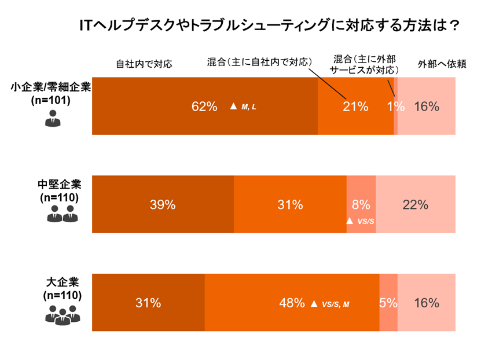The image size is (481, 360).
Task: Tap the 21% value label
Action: [x=355, y=106]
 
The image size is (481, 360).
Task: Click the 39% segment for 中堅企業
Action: [x=163, y=204]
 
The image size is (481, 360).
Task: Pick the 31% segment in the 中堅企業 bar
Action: [x=289, y=204]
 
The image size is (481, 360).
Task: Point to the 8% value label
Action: [x=361, y=204]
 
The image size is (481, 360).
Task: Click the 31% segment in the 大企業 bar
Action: [x=148, y=303]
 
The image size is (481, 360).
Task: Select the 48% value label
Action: [x=291, y=303]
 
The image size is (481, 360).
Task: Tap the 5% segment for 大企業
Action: [x=388, y=303]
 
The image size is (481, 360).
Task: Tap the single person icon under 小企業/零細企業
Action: [x=53, y=120]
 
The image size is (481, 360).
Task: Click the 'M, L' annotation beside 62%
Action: [x=248, y=106]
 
